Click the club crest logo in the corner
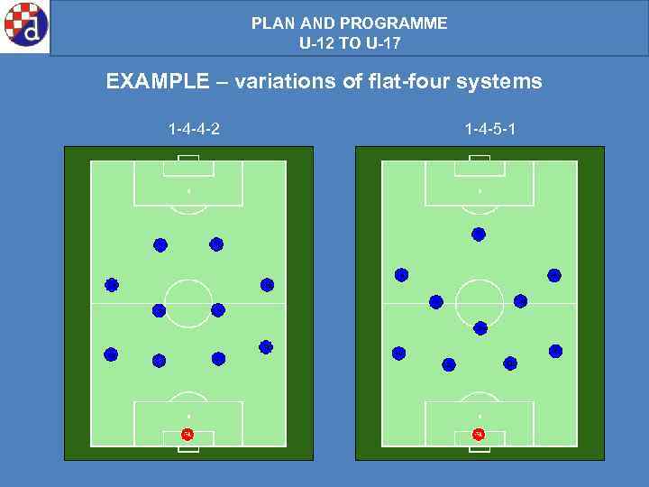coord(24,25)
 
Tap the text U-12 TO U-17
coord(350,42)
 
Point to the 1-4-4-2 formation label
coord(194,130)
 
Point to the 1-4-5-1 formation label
coord(490,130)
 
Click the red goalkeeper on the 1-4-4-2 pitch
coord(187,435)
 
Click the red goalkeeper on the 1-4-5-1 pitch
coord(479,435)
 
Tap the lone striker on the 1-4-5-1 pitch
coord(479,234)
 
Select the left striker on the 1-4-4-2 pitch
coord(160,244)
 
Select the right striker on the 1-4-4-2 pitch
coord(216,243)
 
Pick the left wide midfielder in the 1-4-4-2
coord(112,285)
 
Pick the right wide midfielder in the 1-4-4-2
coord(267,285)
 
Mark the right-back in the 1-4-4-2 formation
coord(266,347)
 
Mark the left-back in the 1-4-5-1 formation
coord(399,354)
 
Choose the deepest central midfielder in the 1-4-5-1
coord(480,328)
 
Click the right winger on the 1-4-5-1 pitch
coord(554,276)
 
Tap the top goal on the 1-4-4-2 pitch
coord(188,159)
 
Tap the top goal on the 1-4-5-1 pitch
coord(480,159)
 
